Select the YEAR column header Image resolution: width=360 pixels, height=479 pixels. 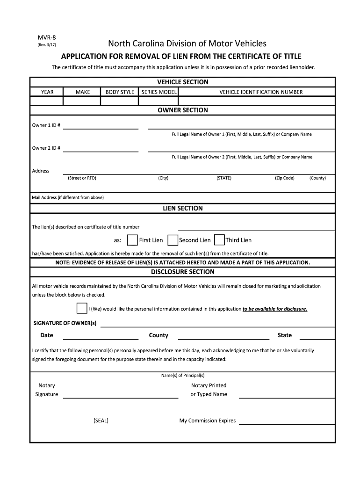(47, 92)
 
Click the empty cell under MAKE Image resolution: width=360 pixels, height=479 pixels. (82, 101)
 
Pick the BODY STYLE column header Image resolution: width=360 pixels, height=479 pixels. (120, 92)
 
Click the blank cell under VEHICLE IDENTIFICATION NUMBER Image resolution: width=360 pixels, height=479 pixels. (261, 101)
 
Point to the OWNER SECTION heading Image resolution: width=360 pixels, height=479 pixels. (182, 110)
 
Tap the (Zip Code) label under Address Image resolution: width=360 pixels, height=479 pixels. (284, 178)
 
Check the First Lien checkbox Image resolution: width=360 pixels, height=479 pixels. (132, 240)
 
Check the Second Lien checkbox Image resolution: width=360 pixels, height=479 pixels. (173, 240)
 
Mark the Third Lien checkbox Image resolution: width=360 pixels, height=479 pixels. (219, 240)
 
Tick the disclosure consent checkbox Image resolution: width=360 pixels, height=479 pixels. (82, 308)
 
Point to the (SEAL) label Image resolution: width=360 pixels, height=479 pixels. (101, 421)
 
